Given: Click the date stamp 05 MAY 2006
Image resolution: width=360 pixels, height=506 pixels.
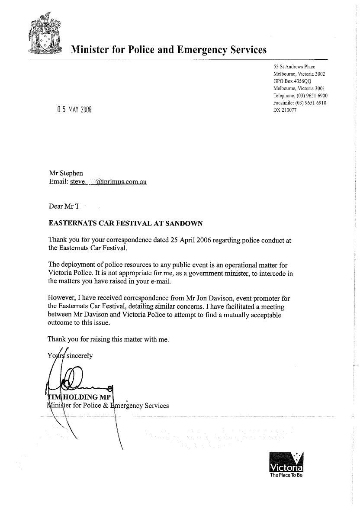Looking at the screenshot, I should pos(74,109).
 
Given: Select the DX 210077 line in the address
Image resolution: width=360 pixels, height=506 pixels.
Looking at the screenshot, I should pos(285,110).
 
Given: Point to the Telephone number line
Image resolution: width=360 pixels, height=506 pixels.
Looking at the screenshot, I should pos(300,95).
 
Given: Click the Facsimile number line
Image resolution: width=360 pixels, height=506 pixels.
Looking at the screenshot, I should pos(300,103).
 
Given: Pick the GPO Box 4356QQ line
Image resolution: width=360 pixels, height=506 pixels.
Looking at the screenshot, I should pos(292,81).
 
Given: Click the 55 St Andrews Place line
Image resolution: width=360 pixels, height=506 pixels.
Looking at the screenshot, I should pos(294,67).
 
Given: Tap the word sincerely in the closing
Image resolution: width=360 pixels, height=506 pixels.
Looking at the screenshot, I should pos(79,355).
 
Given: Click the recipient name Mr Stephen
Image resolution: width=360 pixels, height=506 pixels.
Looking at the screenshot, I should pos(66,173).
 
